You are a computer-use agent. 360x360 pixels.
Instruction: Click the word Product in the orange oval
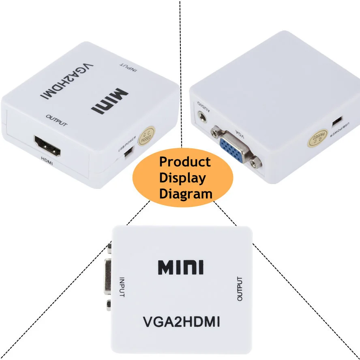(x=185, y=162)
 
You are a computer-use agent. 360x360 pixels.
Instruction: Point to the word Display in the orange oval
(x=182, y=178)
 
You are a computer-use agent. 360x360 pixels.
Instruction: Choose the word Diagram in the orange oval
(x=186, y=193)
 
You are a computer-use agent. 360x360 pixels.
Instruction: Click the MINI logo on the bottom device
(x=181, y=268)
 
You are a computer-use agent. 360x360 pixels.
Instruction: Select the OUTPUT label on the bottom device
(x=240, y=289)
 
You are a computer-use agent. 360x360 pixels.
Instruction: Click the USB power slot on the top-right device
(x=336, y=122)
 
